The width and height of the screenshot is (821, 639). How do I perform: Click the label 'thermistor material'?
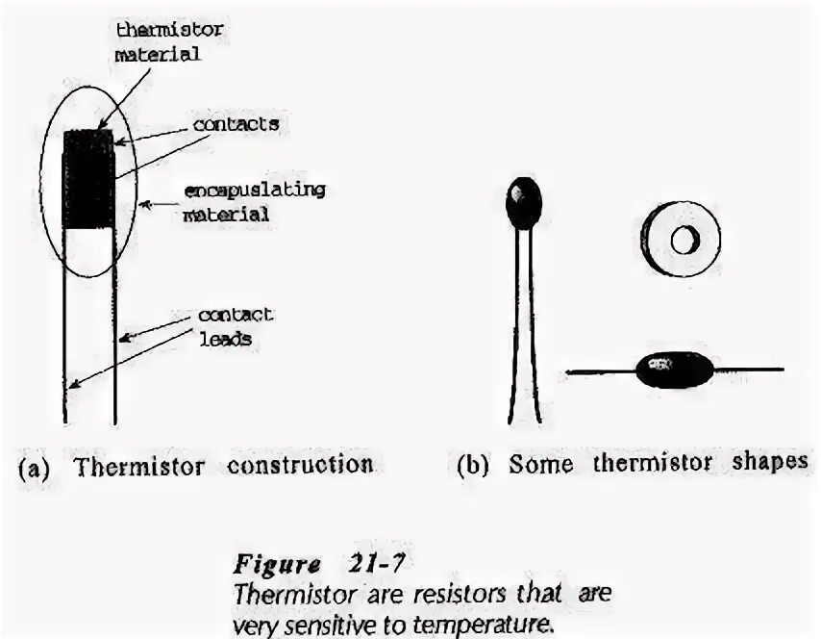[x=168, y=41]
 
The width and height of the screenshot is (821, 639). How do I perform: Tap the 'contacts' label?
[x=236, y=124]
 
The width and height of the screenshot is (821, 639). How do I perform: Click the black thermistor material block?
[x=87, y=179]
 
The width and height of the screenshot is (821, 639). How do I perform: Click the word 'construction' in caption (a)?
[x=300, y=466]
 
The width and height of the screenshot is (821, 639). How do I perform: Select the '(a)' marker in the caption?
[x=33, y=468]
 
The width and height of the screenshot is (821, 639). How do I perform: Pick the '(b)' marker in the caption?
[x=473, y=465]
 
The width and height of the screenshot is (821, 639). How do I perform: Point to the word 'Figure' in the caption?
[x=272, y=562]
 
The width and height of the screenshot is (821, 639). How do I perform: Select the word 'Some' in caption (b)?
[x=540, y=464]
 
